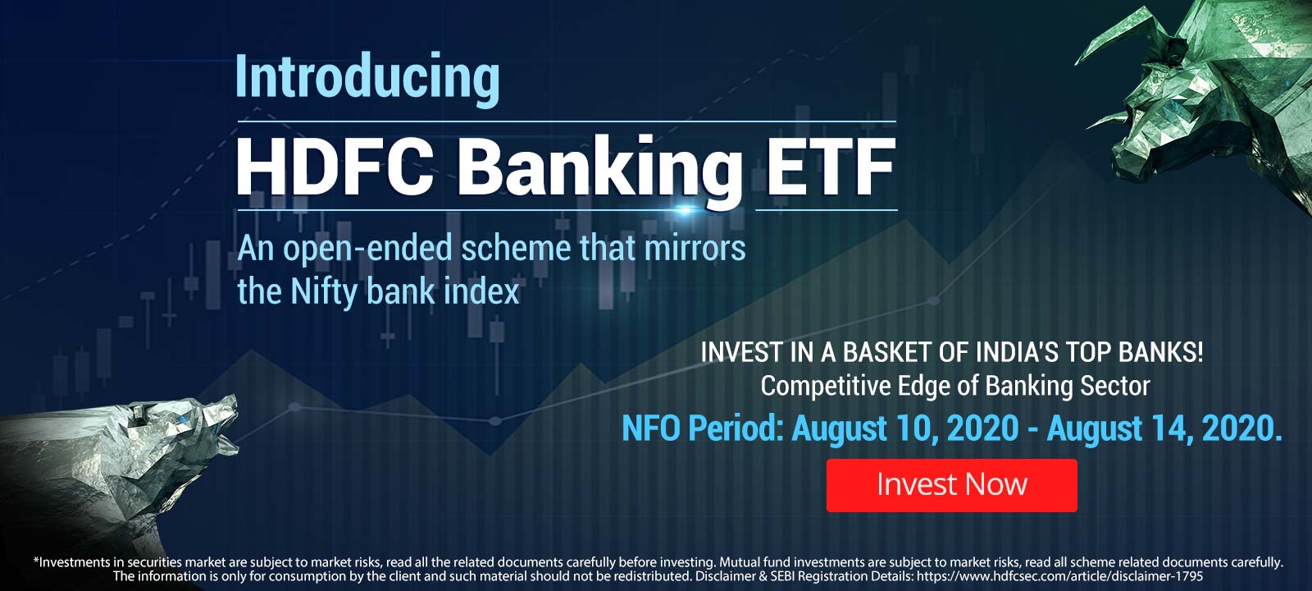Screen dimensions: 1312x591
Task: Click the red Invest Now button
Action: (952, 485)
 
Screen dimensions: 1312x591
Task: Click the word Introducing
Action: (367, 79)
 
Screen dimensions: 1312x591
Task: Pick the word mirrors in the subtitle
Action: (695, 248)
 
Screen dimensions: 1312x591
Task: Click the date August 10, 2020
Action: (905, 428)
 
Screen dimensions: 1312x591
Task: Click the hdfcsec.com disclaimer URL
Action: (1060, 576)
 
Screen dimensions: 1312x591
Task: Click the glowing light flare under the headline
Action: (684, 208)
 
